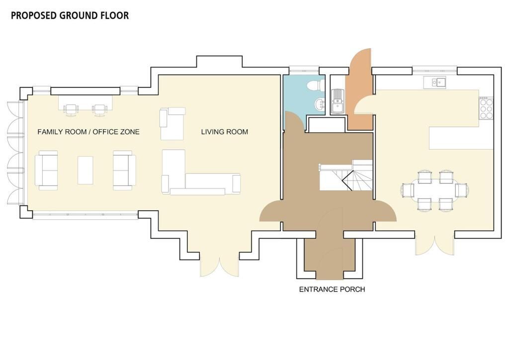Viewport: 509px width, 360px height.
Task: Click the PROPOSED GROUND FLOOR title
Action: coord(70,15)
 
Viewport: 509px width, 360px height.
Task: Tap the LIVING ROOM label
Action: coord(224,132)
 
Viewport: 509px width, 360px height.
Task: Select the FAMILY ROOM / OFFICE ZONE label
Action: coord(88,132)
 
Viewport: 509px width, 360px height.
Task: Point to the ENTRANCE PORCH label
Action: coord(332,289)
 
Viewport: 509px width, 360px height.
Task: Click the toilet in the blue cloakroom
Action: coord(315,86)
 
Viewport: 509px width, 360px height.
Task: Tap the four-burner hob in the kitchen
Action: coord(486,108)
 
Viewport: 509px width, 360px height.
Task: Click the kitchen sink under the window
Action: coord(434,83)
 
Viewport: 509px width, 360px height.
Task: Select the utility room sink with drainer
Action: coord(338,101)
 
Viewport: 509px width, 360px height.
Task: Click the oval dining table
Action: coord(435,190)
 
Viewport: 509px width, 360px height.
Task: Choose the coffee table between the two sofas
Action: coord(85,170)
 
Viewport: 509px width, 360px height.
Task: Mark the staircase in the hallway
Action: coord(346,175)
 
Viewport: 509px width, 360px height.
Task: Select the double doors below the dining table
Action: coord(434,244)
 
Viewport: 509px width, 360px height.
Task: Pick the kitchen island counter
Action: coord(461,138)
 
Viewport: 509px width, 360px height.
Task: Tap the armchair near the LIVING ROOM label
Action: coord(172,124)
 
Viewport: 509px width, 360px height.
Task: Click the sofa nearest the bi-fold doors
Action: coord(46,170)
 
